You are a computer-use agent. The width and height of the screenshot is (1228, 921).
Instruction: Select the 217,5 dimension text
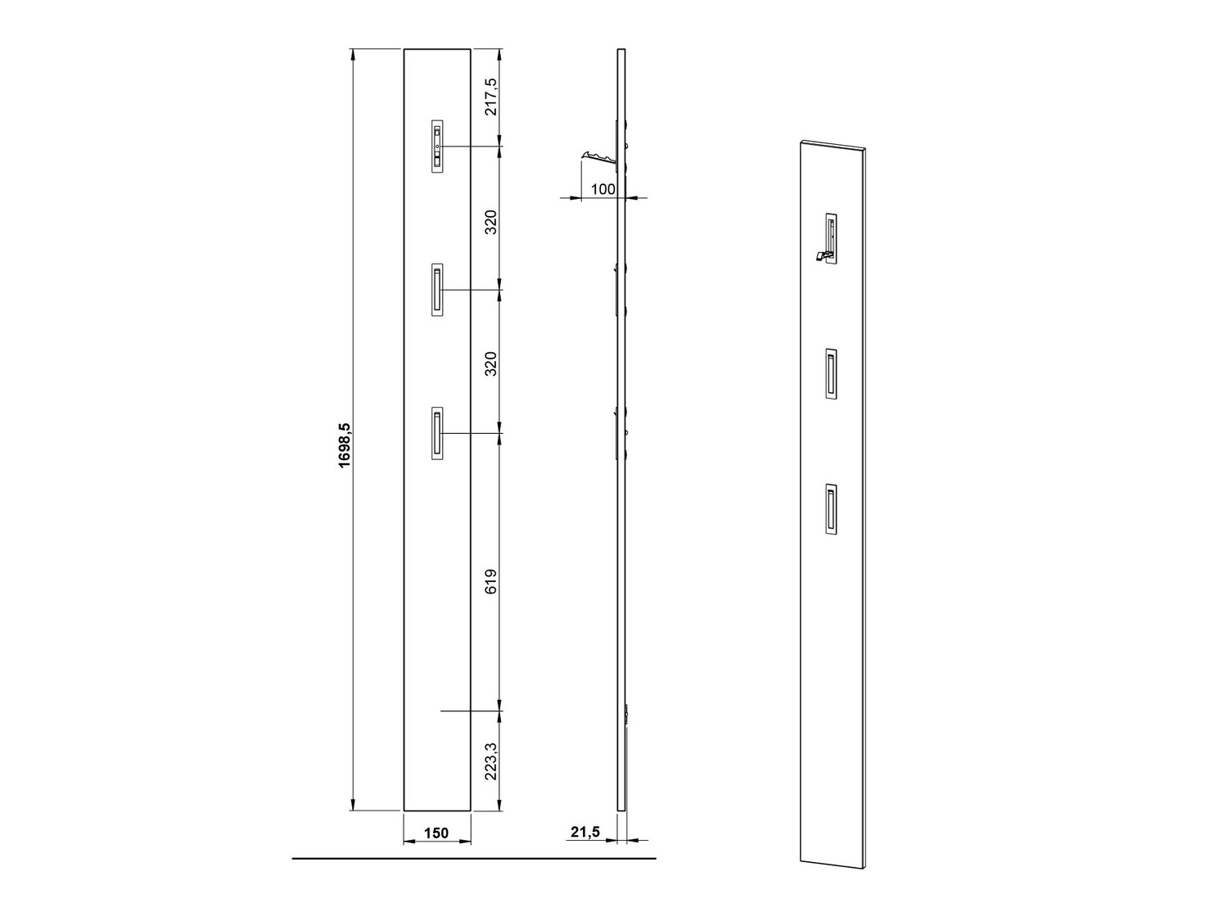pyautogui.click(x=490, y=97)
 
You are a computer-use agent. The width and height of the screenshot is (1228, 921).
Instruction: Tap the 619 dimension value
pyautogui.click(x=490, y=581)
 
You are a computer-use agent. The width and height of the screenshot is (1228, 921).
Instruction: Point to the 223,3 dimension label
pyautogui.click(x=490, y=761)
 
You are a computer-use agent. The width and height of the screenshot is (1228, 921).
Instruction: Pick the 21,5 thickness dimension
pyautogui.click(x=585, y=832)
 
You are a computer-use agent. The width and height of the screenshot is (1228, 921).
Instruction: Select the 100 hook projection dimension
pyautogui.click(x=603, y=189)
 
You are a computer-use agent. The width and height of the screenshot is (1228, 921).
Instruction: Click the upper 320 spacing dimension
pyautogui.click(x=490, y=222)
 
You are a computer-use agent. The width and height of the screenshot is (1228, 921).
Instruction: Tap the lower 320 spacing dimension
pyautogui.click(x=490, y=363)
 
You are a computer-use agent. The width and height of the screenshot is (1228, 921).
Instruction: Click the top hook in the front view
pyautogui.click(x=437, y=146)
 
